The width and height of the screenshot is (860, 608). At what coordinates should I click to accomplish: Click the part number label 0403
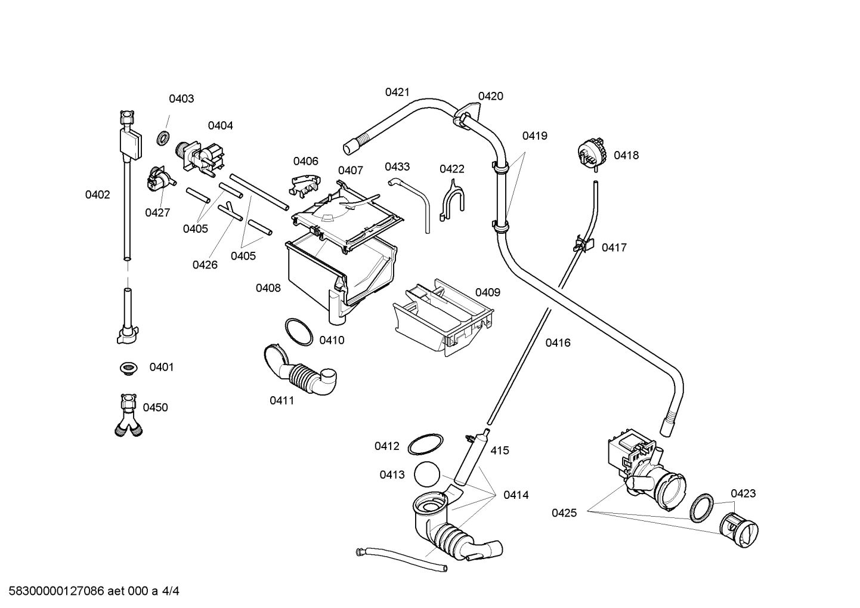click(x=181, y=99)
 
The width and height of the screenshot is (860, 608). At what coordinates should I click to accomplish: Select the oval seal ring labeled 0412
click(x=425, y=445)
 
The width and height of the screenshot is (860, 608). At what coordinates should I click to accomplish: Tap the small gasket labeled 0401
click(x=126, y=368)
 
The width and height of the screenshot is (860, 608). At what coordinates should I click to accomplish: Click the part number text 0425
click(x=564, y=513)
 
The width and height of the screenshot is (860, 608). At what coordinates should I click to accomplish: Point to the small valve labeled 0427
click(x=159, y=179)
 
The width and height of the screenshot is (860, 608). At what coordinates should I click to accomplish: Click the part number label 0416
click(x=558, y=343)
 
